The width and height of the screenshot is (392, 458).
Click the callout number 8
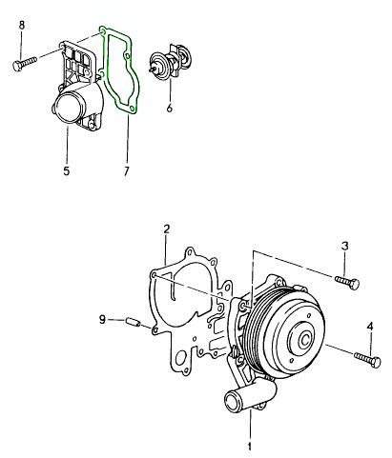point(22,25)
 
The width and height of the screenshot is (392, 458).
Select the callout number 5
point(66,171)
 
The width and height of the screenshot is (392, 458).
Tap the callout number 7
point(127,171)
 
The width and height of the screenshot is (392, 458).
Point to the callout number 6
point(170,108)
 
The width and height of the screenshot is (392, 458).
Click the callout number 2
point(167,229)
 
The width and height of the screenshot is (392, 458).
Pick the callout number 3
point(345,246)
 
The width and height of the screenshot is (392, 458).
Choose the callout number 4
point(370,326)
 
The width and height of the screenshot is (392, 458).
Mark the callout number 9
point(102,319)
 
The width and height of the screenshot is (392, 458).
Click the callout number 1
point(250,447)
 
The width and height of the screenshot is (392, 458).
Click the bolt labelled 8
point(25,63)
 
